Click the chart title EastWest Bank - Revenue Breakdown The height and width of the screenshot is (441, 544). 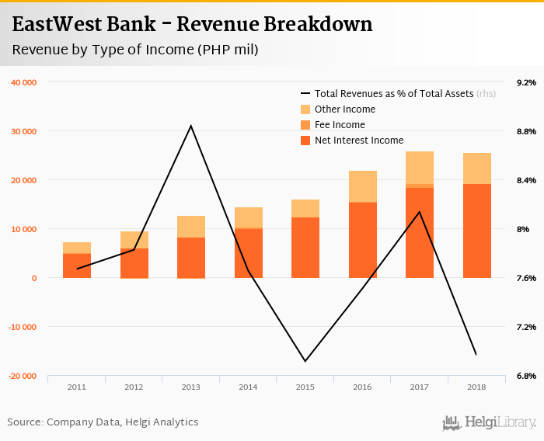coord(192,24)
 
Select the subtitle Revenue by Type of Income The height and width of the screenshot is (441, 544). coord(135,50)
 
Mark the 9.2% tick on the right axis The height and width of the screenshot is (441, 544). coord(526,82)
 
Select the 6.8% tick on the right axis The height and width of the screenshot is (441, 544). coord(526,376)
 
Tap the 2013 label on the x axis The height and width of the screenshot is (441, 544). coord(191,387)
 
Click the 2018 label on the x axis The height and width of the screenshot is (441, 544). coord(477,387)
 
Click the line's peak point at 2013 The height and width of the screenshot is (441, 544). coord(191,126)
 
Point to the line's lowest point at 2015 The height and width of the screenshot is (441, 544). coord(305,361)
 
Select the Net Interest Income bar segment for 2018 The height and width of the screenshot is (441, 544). coord(477,231)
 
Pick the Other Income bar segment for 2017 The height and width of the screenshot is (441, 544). coord(420,168)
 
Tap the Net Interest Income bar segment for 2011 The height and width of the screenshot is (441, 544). coord(77,266)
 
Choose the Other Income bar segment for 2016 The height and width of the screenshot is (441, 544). coord(363,186)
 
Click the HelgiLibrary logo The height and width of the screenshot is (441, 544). coord(490,422)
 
